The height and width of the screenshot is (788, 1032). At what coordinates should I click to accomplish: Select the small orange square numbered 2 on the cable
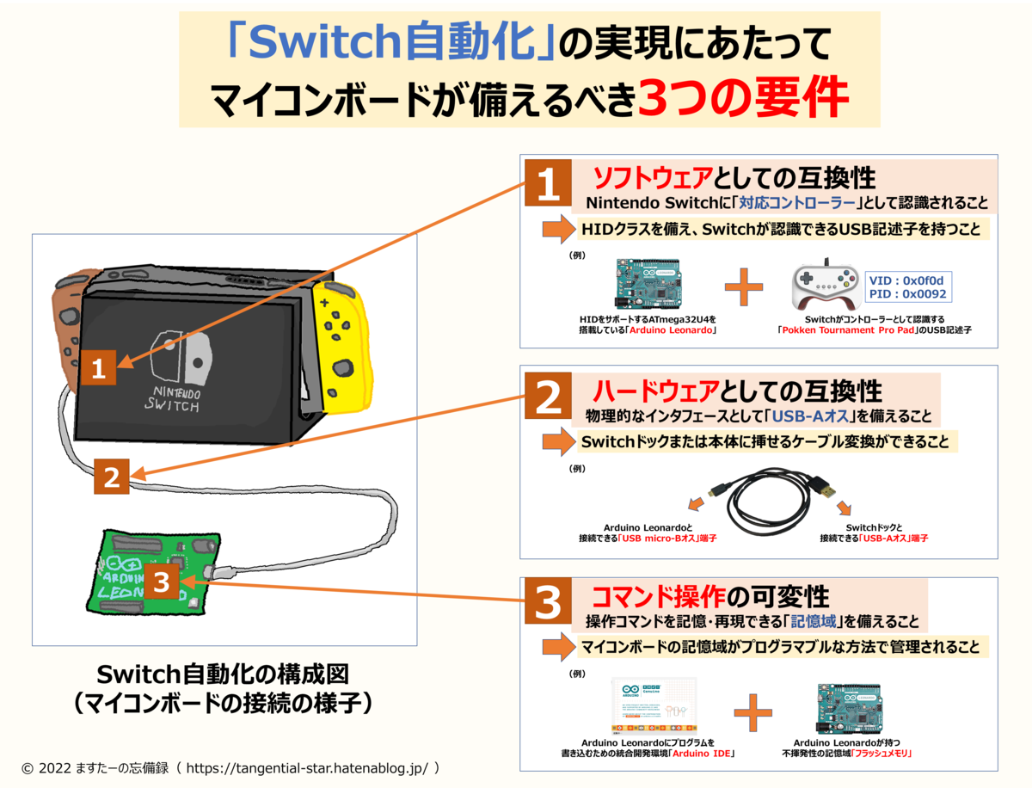pyautogui.click(x=112, y=477)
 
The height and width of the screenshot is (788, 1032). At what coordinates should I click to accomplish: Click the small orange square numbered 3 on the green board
pyautogui.click(x=161, y=582)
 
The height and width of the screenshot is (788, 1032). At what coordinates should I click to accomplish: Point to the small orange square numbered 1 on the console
pyautogui.click(x=99, y=369)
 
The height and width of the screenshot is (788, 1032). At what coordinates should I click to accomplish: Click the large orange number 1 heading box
pyautogui.click(x=548, y=185)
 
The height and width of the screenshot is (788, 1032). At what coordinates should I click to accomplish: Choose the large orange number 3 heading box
pyautogui.click(x=548, y=605)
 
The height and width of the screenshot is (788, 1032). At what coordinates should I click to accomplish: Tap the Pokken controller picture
pyautogui.click(x=825, y=286)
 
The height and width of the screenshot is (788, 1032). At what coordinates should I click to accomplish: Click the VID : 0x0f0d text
pyautogui.click(x=906, y=280)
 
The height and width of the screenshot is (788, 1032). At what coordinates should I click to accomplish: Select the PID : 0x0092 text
pyautogui.click(x=906, y=294)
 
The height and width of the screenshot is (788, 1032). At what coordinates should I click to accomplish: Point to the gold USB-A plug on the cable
pyautogui.click(x=825, y=489)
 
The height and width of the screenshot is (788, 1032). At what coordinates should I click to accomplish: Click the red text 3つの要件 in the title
pyautogui.click(x=743, y=99)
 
